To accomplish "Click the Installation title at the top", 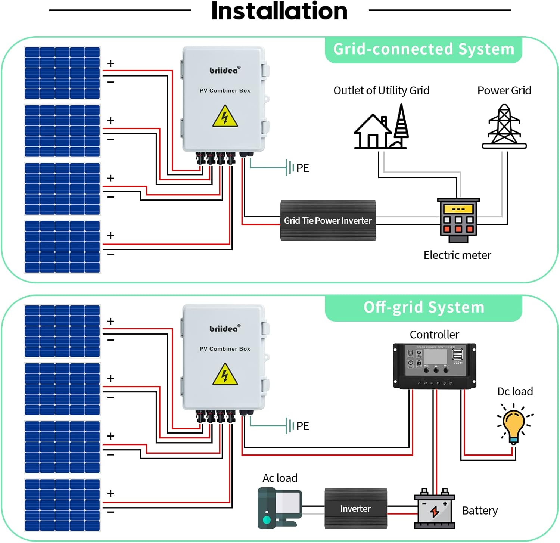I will pos(279,11).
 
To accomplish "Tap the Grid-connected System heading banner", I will pos(423,49).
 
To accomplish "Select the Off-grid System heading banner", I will pos(423,308).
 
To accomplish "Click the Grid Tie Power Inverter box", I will pos(328,221).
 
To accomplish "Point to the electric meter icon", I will pos(458,220).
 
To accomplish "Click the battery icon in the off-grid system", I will pos(435,509).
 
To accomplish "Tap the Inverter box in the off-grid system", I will pos(355,509).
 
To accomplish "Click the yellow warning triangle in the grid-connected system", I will pos(225,117).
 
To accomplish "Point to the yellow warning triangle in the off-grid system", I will pos(225,375).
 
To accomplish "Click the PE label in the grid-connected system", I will pos(303,168).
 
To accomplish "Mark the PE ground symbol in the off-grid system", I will pos(289,426).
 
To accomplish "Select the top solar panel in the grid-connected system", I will pos(62,73).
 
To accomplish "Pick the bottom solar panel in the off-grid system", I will pos(62,505).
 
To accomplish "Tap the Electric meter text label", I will pos(457,255).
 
